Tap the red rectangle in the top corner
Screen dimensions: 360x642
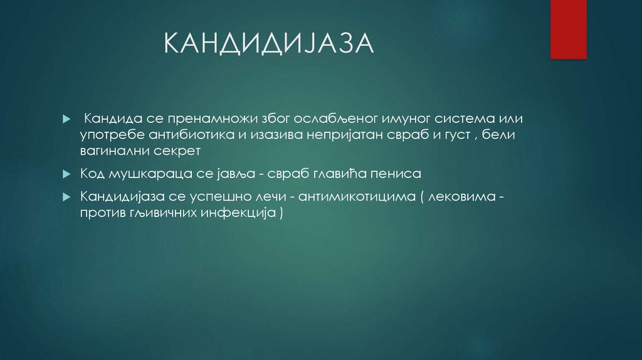pos(568,29)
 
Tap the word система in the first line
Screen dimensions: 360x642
pos(455,119)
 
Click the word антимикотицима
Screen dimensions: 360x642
pos(357,197)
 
